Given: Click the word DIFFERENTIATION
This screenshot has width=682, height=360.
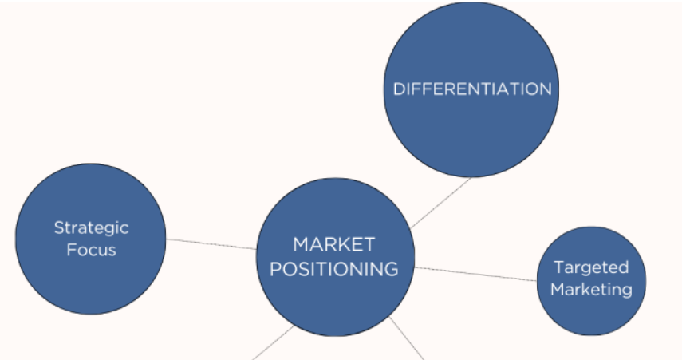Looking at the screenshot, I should (472, 89).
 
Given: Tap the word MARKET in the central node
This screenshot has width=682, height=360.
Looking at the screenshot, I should (333, 244).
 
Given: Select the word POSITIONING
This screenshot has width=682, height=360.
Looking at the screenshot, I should (333, 269).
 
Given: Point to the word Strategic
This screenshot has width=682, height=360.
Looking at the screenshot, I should (91, 227).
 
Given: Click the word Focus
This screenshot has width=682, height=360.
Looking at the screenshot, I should (91, 250).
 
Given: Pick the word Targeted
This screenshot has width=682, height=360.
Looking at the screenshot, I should (591, 267).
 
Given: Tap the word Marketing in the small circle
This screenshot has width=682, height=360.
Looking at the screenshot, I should (591, 289).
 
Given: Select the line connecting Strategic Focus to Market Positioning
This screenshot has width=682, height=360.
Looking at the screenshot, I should (211, 243).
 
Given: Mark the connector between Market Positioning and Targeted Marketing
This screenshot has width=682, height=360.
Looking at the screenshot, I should (475, 274).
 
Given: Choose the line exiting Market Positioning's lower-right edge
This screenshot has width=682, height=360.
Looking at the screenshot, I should (407, 338).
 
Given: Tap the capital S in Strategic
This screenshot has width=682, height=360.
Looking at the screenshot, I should (58, 227).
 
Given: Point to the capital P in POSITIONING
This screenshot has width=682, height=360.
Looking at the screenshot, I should (275, 269).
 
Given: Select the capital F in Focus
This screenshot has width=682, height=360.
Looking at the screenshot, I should (70, 250).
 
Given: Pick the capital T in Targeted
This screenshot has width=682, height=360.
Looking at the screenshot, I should (558, 267).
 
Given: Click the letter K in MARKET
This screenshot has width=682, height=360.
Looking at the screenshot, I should (344, 244).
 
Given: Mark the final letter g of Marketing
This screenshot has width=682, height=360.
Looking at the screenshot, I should (626, 291).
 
